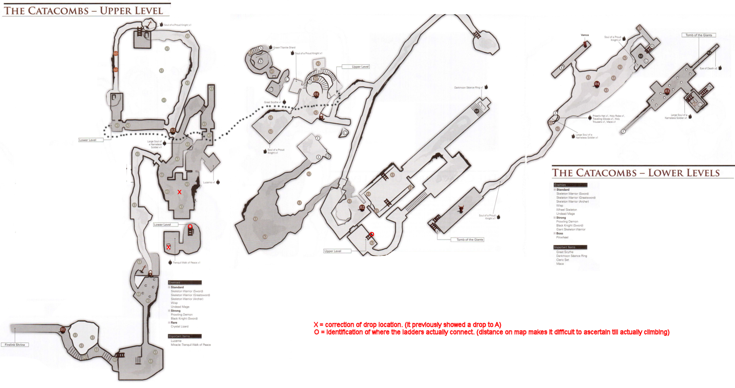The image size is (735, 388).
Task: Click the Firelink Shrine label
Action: [15, 344]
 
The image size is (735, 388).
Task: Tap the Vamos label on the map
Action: [585, 35]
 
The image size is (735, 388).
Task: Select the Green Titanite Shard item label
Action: [284, 47]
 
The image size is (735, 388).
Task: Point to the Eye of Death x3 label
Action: [708, 68]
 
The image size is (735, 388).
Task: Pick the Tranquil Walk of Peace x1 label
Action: [186, 262]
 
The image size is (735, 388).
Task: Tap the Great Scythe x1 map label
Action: [272, 102]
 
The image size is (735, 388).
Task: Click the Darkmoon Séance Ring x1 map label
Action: [468, 87]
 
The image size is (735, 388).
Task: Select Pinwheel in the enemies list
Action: [562, 237]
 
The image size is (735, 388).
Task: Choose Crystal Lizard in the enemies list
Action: [179, 326]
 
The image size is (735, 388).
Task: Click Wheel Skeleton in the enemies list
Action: [566, 210]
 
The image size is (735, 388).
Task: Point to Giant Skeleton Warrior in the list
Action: [571, 229]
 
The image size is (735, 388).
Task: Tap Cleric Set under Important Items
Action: [563, 260]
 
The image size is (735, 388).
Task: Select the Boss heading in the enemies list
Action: [559, 234]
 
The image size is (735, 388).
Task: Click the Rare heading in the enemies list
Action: [174, 323]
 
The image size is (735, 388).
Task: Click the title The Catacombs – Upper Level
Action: [83, 11]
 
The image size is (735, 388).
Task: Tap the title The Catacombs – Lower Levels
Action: [636, 173]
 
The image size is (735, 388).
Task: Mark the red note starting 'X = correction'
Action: [407, 325]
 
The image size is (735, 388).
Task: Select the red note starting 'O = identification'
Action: [491, 332]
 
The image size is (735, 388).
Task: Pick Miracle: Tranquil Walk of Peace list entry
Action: [190, 345]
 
